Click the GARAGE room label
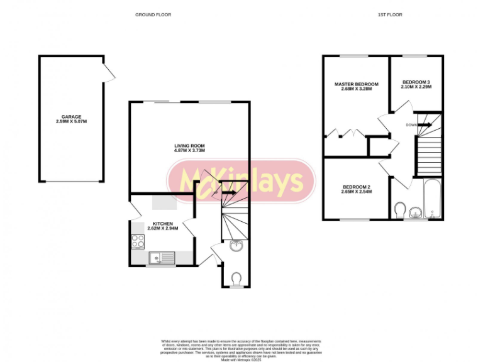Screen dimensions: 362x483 point(71,117)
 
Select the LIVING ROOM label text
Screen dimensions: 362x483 point(189,146)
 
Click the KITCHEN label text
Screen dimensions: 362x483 point(163,223)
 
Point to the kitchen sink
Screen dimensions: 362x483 point(162,257)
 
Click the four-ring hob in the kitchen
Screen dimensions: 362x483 point(138,241)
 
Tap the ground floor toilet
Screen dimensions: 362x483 point(236,277)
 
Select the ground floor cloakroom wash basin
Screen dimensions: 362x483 point(236,246)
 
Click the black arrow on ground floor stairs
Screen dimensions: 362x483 point(228,192)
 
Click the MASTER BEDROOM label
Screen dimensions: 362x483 point(357,84)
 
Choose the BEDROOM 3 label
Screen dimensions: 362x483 point(416,82)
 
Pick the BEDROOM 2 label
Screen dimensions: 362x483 point(357,187)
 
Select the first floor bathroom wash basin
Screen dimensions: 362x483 point(415,212)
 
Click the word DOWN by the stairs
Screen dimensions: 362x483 point(411,124)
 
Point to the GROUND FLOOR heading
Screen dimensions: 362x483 point(153,14)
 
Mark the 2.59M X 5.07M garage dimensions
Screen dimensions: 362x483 point(71,122)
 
